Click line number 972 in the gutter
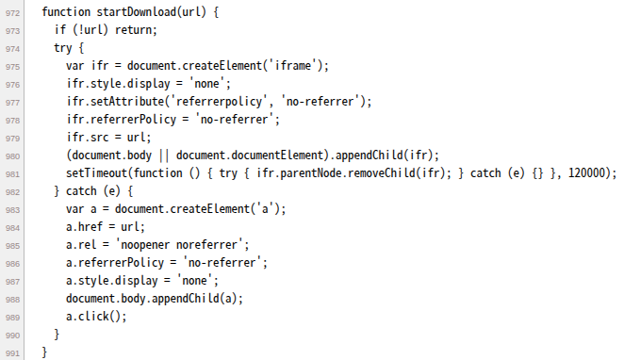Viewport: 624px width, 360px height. pos(12,13)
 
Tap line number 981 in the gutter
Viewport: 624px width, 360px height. pos(12,174)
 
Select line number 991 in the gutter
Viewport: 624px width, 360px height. pos(12,353)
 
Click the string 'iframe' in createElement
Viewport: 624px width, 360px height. pos(292,66)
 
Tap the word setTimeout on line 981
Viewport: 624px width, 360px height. pos(96,173)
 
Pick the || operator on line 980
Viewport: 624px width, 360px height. pos(164,155)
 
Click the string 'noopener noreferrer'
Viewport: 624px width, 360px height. pos(182,245)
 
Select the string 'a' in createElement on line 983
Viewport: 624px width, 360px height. pos(266,209)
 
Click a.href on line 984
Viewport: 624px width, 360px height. pos(85,227)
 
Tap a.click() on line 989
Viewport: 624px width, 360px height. pos(95,317)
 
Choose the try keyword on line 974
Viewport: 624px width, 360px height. pos(63,48)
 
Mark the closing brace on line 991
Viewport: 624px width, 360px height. pos(44,352)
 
